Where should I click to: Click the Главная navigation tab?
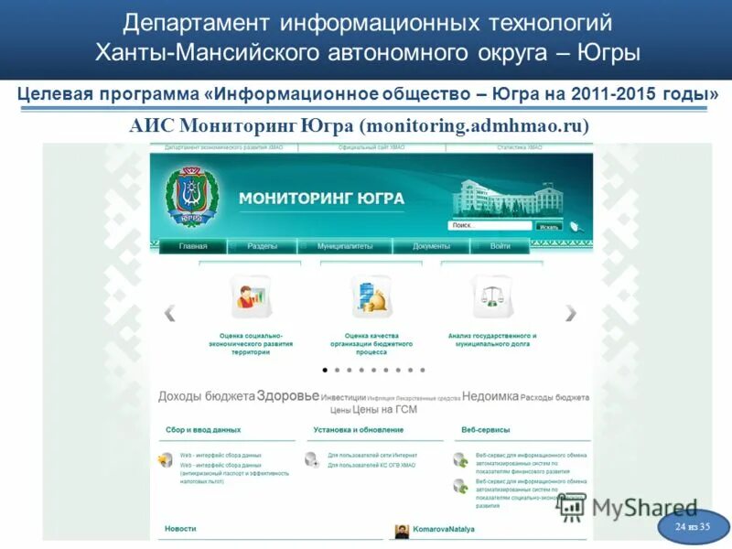[193, 246]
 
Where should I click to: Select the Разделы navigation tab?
[263, 246]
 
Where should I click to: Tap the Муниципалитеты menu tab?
[345, 246]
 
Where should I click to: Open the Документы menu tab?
[431, 246]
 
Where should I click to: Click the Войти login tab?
[501, 246]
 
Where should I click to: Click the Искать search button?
[548, 226]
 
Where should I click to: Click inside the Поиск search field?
[490, 225]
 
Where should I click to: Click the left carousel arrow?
[169, 313]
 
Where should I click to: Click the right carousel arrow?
[571, 313]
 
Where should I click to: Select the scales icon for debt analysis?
[492, 296]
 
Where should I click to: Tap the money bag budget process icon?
[371, 296]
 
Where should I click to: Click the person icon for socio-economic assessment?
[250, 296]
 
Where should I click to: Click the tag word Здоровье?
[287, 396]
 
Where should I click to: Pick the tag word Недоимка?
[490, 396]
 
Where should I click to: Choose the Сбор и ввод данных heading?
[203, 429]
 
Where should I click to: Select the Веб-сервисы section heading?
[486, 429]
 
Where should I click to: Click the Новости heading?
[180, 529]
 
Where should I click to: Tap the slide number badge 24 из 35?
[693, 527]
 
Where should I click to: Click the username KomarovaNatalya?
[444, 529]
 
